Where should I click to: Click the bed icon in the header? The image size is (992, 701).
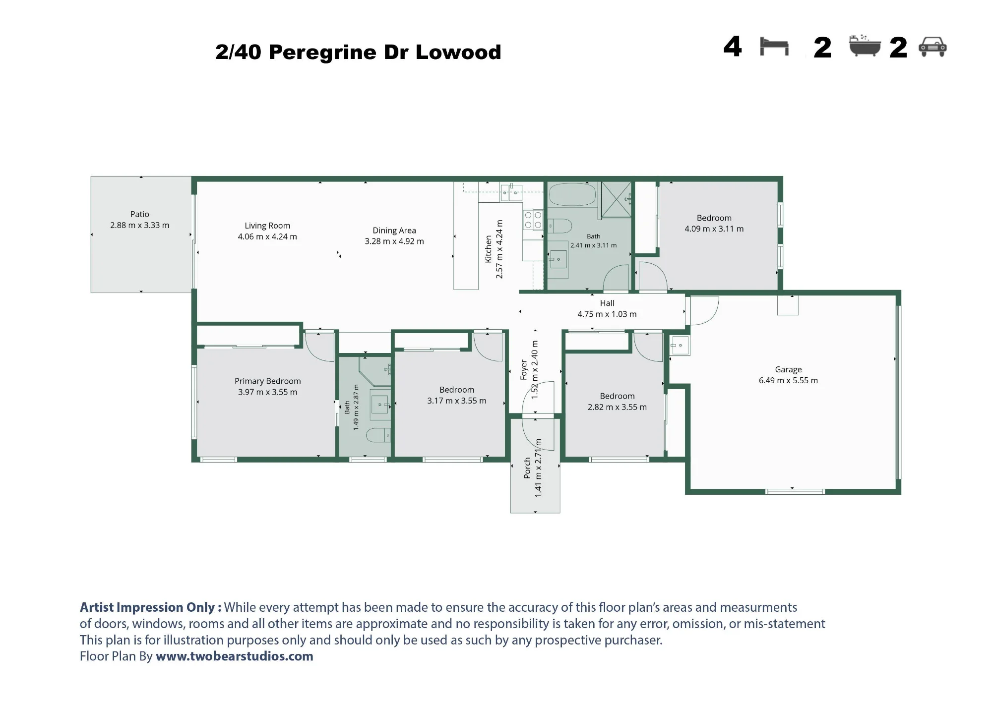coord(774,47)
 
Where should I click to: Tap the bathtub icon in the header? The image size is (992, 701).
coord(865,46)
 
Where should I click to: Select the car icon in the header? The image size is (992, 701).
coord(932,47)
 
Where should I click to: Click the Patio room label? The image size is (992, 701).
coord(140,214)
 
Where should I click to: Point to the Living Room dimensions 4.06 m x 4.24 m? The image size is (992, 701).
coord(267,236)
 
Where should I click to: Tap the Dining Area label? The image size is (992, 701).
coord(394,231)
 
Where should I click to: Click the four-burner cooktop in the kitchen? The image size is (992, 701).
coord(533,220)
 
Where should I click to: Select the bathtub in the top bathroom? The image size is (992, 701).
coord(572,194)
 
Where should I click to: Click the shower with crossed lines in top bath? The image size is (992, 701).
coord(616,199)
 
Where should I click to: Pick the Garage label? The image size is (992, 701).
coord(788,369)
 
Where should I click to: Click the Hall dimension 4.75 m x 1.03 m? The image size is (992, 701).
coord(607,314)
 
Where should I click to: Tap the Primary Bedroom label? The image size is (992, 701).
coord(268,381)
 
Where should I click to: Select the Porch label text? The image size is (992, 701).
coord(527,468)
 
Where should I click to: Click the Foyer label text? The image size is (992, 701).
coord(524,370)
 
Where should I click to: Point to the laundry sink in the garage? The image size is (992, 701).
coord(680,345)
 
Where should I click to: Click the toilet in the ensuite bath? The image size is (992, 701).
coord(378,436)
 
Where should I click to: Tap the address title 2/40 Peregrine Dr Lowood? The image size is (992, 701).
coord(358,52)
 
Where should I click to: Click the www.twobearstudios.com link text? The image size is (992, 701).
coord(235,656)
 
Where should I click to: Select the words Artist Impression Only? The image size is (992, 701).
coord(148,607)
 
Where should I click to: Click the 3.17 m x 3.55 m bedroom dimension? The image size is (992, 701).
coord(457,401)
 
